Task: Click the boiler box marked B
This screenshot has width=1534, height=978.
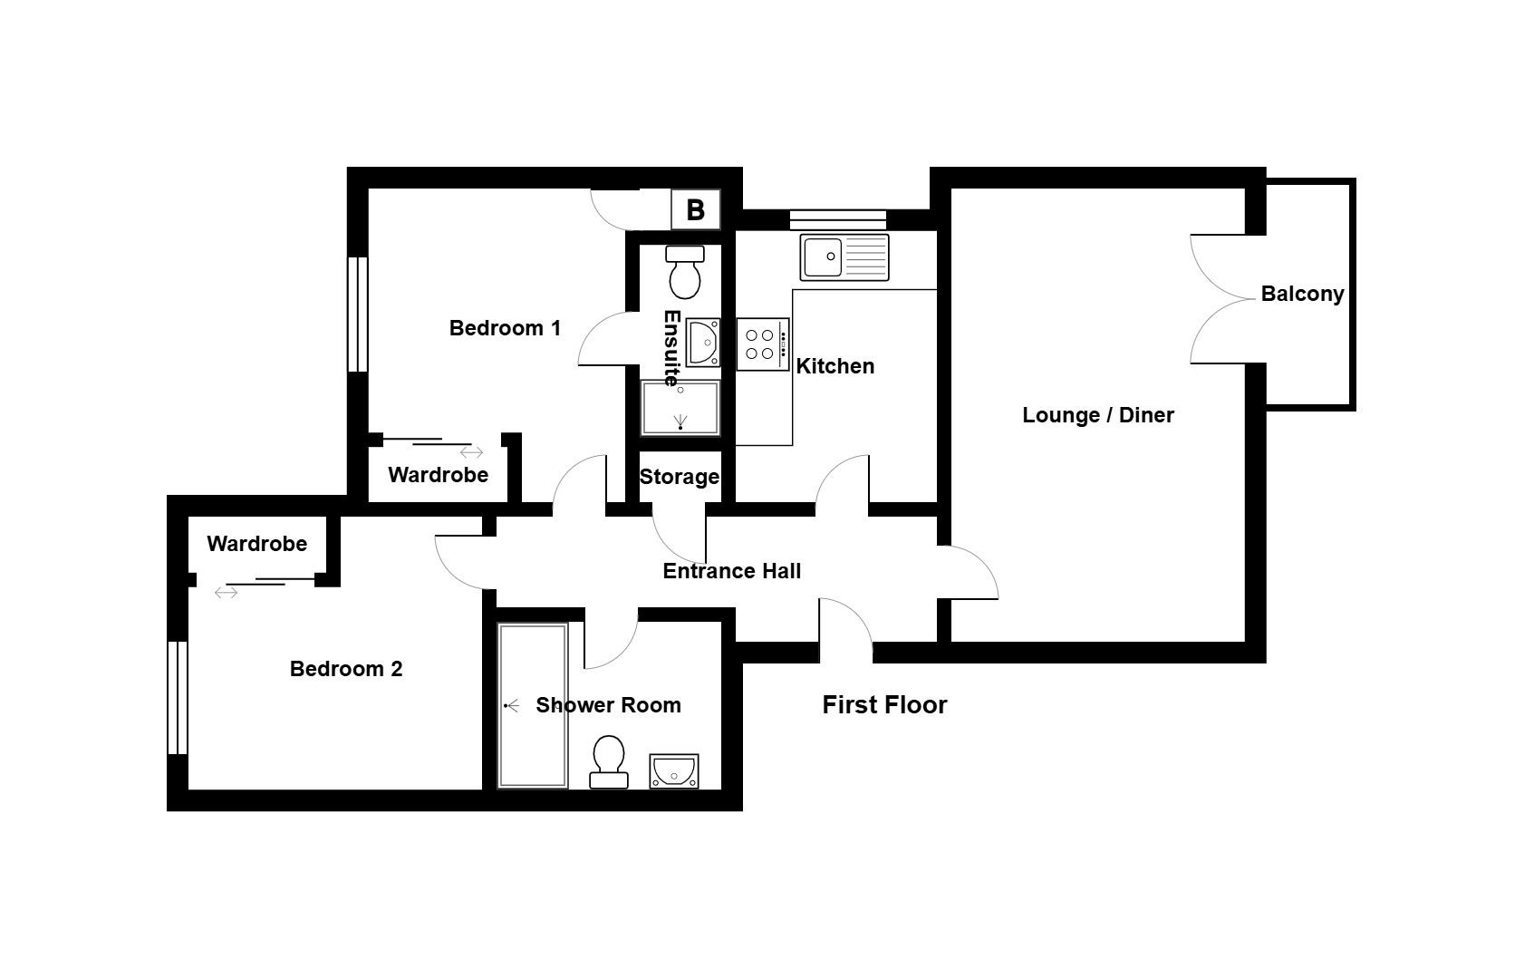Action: point(695,209)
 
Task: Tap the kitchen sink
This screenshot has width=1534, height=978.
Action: point(844,257)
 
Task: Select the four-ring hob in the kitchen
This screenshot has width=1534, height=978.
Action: point(763,344)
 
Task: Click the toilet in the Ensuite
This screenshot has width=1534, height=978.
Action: point(685,272)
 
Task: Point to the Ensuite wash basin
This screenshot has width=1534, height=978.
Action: point(702,342)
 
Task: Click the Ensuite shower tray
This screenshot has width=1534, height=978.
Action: point(680,408)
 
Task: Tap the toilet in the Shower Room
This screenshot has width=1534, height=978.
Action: point(608,761)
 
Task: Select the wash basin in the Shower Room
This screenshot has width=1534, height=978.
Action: point(674,771)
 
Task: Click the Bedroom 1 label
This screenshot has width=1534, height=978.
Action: point(505,328)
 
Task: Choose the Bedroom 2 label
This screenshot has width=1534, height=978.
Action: point(346,668)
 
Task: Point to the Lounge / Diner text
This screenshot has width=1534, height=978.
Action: point(1098,415)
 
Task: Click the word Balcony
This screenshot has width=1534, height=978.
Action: point(1302,294)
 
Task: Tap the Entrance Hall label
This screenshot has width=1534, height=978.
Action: point(731,571)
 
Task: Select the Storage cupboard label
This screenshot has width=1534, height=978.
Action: point(680,477)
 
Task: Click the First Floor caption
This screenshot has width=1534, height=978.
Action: point(884,705)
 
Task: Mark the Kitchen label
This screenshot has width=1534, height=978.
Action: point(835,366)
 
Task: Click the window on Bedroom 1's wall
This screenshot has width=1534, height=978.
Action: point(358,315)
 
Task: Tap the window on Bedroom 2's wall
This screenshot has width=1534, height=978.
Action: point(178,698)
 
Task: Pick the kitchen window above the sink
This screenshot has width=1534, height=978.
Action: point(837,220)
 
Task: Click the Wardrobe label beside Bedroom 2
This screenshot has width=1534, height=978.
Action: point(256,544)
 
